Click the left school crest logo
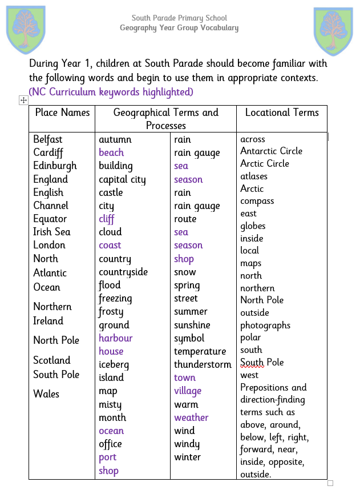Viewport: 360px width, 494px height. tap(26, 30)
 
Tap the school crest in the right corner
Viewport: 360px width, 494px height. tap(334, 31)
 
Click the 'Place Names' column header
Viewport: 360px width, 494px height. tap(62, 113)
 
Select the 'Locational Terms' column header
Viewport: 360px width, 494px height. tap(282, 113)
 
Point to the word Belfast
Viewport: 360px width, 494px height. tap(48, 139)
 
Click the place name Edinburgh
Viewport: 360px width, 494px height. tap(55, 166)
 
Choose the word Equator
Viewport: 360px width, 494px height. tap(50, 219)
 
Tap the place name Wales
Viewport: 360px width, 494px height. tap(46, 393)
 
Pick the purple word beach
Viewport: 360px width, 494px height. tap(111, 152)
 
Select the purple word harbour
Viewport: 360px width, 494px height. tap(116, 338)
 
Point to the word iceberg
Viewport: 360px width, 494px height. tap(114, 364)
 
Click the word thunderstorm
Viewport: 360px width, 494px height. tap(203, 364)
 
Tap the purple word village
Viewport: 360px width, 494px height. tap(188, 391)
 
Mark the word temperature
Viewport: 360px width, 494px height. tap(200, 351)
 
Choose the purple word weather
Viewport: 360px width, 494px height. tap(191, 417)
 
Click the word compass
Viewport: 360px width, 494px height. tap(257, 201)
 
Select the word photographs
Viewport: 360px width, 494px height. tap(265, 326)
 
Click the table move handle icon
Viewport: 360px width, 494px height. tap(23, 100)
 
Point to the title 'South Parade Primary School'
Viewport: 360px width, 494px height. tap(179, 18)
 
